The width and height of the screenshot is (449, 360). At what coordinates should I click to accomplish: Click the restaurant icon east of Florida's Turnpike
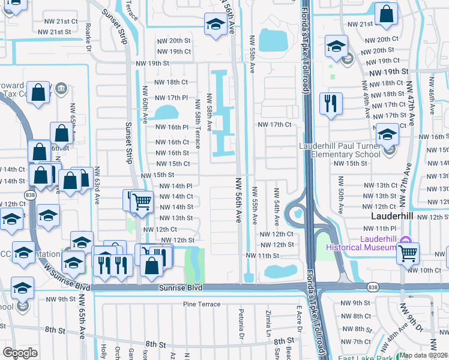point(331,103)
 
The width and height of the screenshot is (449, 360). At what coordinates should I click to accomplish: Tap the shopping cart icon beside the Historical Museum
point(408,254)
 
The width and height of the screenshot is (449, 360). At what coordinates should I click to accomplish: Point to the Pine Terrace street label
point(202,305)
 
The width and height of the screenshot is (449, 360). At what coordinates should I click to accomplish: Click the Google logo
point(20,353)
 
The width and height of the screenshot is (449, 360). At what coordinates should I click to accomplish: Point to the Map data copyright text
point(424,355)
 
